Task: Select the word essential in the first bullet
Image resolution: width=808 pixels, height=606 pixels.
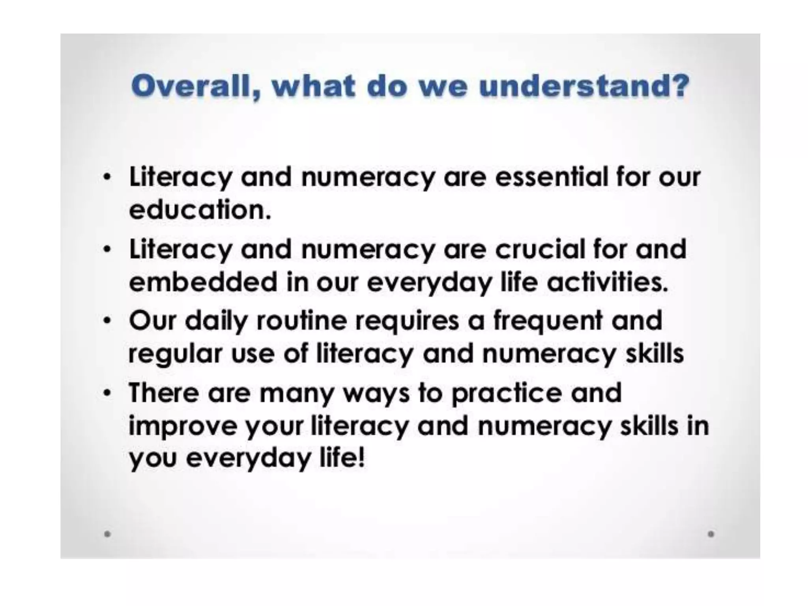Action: coord(551,177)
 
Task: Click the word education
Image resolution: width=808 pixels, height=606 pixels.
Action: coord(200,209)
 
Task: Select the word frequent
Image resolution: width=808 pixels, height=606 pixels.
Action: coord(548,320)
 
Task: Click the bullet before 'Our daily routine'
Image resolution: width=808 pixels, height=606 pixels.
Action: coord(106,321)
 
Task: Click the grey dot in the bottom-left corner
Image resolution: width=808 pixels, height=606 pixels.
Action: coord(107,534)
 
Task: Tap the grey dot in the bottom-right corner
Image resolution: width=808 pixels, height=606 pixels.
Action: coord(711,534)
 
